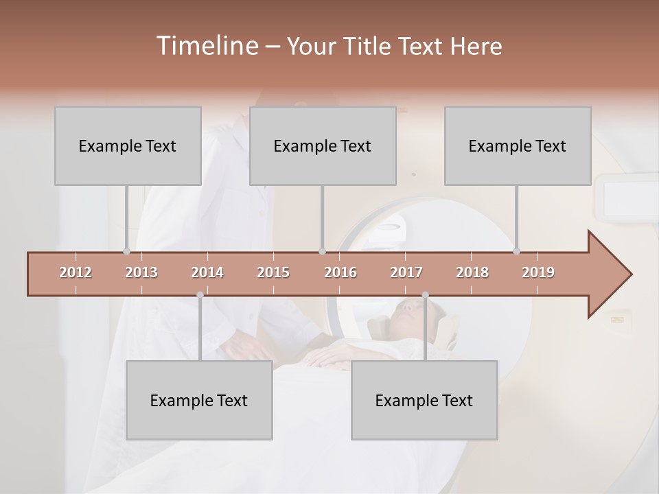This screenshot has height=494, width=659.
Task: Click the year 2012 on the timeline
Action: click(x=76, y=272)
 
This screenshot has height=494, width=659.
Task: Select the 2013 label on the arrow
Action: click(x=141, y=272)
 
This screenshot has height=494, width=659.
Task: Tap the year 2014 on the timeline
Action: click(x=207, y=272)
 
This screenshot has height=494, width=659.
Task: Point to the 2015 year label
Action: click(x=273, y=272)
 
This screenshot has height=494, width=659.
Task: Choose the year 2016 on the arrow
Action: click(x=340, y=272)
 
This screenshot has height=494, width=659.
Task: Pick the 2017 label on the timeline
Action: click(x=406, y=272)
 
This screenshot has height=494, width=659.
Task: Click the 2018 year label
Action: click(x=472, y=272)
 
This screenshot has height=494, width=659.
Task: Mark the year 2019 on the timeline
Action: click(x=538, y=272)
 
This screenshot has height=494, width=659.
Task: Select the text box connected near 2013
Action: click(x=128, y=145)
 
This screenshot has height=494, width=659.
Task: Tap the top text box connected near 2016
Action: click(x=323, y=145)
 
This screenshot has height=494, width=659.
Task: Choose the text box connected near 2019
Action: click(x=518, y=145)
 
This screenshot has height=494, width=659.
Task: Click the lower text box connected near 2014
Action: click(x=199, y=400)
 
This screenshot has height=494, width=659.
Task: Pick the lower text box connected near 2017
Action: click(x=424, y=400)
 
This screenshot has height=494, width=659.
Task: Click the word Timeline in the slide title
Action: click(x=207, y=45)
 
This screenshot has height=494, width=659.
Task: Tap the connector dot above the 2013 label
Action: click(x=126, y=251)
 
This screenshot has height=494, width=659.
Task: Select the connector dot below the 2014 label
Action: click(x=200, y=295)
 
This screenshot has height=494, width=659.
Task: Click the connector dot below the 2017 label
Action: click(x=425, y=295)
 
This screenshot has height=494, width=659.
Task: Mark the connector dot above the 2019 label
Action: click(x=516, y=251)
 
